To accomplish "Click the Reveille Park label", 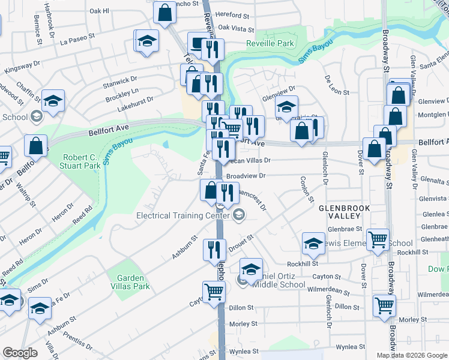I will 270,43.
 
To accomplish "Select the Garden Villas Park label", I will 124,282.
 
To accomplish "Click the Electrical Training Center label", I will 184,215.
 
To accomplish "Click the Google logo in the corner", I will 20,353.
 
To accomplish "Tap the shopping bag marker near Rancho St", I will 164,12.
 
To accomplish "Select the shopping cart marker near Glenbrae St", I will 378,239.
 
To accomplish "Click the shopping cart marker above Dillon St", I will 214,292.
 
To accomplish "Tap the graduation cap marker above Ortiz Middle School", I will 251,268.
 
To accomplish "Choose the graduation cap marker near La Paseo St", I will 146,41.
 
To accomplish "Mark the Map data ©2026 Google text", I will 411,355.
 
